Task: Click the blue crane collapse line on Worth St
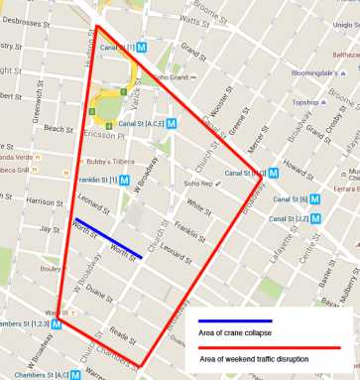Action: [x=108, y=237]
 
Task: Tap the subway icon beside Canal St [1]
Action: [x=143, y=47]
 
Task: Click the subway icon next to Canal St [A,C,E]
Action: [x=173, y=123]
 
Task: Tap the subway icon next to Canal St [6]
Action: [x=315, y=199]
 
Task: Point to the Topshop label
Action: [x=306, y=102]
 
